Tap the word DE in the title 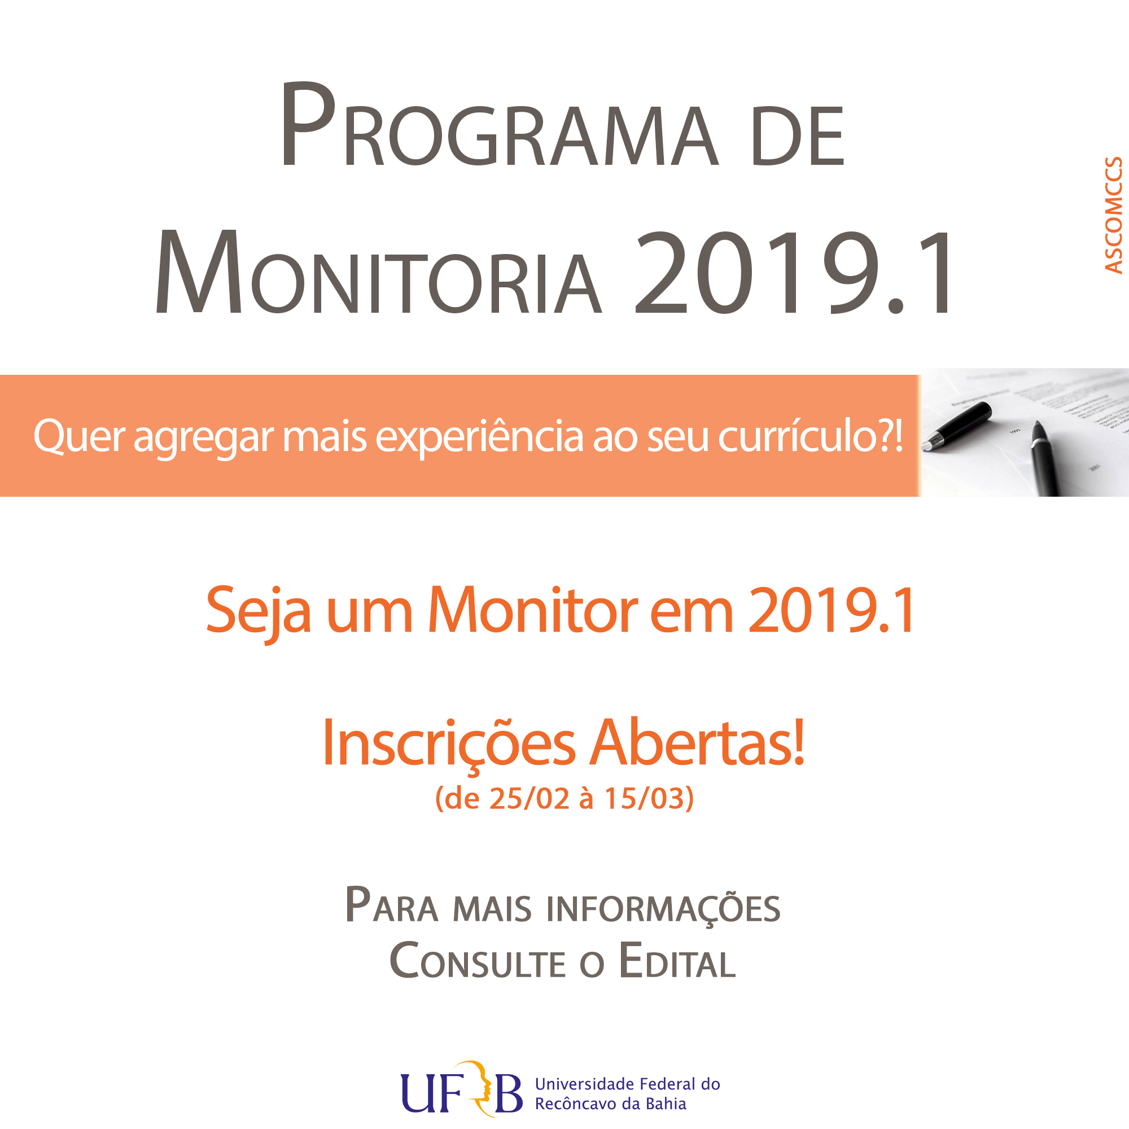pos(798,136)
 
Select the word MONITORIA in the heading pos(378,271)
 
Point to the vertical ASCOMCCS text pos(1114,215)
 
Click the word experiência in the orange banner pos(479,436)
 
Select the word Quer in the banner pos(78,436)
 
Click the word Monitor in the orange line pos(533,611)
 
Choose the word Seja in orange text pos(259,614)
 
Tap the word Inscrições pos(449,743)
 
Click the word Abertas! pos(698,742)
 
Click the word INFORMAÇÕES pos(663,910)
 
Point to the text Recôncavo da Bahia pos(611,1104)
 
